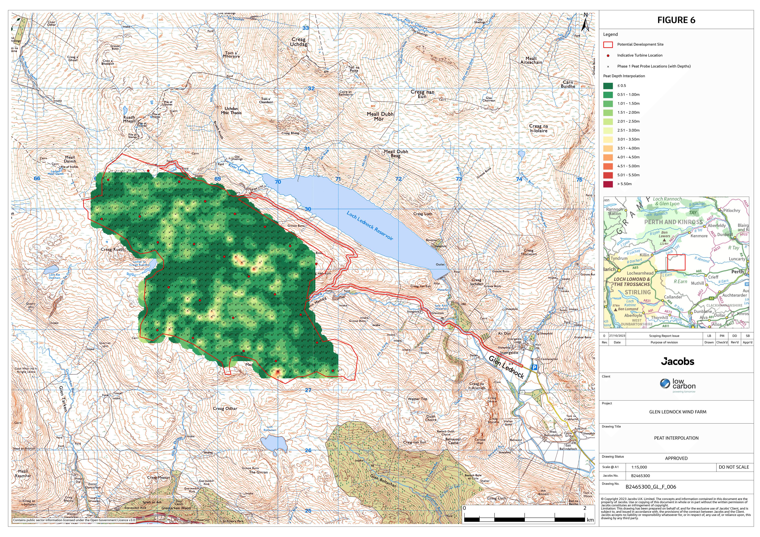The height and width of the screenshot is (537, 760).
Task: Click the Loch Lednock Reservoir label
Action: click(370, 226)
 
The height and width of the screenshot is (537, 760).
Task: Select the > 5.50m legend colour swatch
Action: click(608, 184)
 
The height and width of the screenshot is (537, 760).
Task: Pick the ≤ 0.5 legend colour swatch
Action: click(608, 86)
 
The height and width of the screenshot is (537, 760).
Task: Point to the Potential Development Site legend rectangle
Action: click(608, 44)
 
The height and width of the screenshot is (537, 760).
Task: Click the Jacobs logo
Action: click(677, 361)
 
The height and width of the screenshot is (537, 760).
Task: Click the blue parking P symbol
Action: click(534, 368)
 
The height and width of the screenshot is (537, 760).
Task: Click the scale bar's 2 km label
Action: click(585, 508)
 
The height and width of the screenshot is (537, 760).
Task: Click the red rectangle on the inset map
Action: click(676, 262)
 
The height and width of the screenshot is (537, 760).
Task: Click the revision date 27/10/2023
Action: click(617, 336)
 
